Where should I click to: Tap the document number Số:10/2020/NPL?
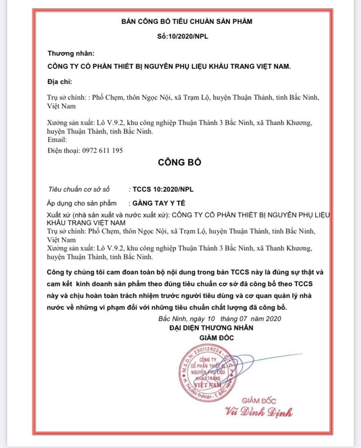[x=183, y=36]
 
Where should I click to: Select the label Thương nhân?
[x=70, y=54]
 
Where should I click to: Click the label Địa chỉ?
[x=60, y=81]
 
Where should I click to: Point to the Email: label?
[x=57, y=140]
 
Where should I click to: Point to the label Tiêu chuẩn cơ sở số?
[x=79, y=190]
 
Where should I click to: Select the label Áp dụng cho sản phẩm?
[x=82, y=203]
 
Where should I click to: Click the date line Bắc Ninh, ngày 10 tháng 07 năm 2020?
[x=220, y=319]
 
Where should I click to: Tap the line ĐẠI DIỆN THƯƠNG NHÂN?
[x=211, y=327]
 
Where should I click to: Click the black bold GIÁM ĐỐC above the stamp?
[x=217, y=338]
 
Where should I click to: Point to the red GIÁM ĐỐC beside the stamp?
[x=259, y=400]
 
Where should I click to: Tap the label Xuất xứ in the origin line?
[x=58, y=215]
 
